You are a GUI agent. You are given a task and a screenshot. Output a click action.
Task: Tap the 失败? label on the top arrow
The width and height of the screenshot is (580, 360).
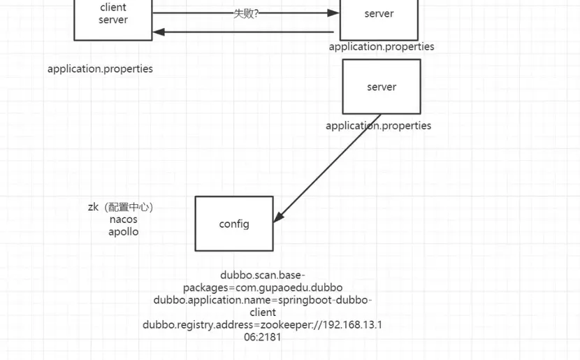246,13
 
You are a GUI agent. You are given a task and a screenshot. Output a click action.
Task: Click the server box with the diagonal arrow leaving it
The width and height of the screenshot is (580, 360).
382,87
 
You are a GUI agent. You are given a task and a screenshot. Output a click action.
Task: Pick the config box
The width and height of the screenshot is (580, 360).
234,224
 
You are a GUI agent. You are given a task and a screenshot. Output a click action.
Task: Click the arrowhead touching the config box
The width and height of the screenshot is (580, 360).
278,217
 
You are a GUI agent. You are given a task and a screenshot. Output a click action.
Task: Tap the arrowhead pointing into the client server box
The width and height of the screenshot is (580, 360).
159,31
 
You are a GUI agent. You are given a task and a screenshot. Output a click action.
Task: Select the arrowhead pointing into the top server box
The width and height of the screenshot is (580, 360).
334,13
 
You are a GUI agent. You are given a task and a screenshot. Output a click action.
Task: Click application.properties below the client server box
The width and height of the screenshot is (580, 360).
100,69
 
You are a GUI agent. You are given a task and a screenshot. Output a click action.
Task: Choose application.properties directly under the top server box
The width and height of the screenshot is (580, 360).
382,47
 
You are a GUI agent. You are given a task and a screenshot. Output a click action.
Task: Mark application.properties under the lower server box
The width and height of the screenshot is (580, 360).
378,126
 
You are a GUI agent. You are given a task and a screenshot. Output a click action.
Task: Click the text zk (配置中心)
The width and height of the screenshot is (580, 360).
120,207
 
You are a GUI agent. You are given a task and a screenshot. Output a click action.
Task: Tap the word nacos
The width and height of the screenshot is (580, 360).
124,219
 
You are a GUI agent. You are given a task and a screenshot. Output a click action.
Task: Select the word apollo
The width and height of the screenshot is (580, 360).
124,231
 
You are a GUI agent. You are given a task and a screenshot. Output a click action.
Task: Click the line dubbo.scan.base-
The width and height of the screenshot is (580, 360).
263,275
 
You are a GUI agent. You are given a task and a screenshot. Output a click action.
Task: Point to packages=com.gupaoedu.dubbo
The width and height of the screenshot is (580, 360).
263,287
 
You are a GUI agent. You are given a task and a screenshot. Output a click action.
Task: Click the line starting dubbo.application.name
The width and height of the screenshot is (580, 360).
263,300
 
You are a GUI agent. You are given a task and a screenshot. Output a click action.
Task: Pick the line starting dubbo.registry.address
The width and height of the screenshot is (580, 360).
263,325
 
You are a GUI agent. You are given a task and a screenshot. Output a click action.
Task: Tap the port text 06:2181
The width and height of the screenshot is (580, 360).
263,338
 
